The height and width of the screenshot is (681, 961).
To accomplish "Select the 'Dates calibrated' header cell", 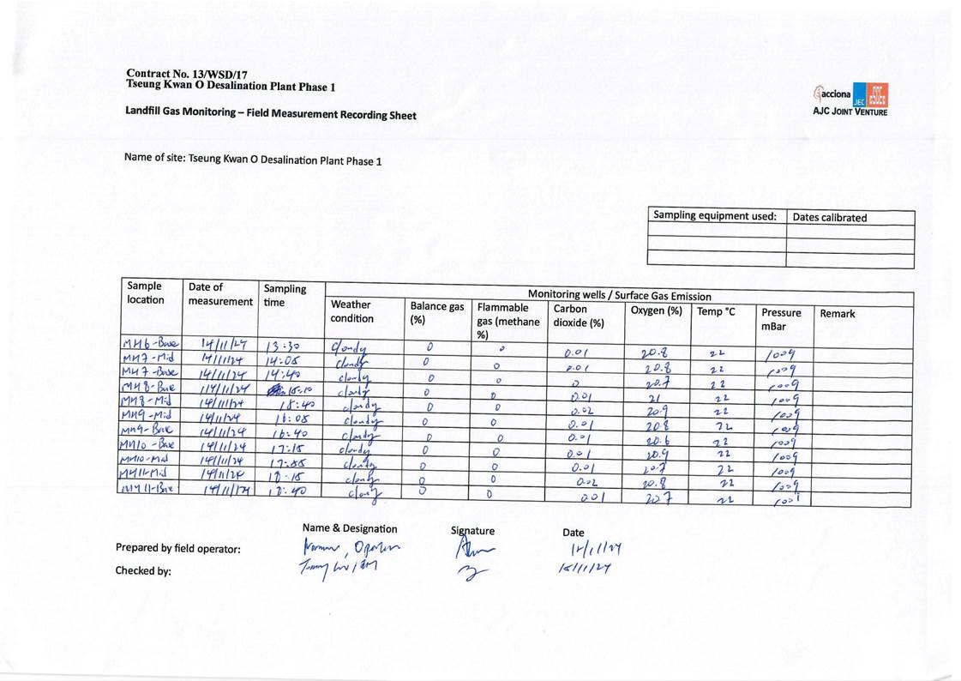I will pos(829,218).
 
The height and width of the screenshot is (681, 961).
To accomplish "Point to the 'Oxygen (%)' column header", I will pos(656,310).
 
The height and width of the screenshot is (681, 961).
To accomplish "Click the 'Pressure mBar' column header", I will pos(781,319).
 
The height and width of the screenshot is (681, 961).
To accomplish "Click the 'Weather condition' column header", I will pos(352,310).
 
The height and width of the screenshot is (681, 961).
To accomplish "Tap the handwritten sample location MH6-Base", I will pos(151,344).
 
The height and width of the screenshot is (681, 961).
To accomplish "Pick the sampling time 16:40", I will pos(285,433).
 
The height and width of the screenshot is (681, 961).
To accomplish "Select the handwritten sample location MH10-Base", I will pos(151,445).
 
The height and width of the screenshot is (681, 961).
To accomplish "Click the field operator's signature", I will pos(473,550).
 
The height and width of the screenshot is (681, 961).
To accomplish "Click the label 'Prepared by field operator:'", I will pos(177,549).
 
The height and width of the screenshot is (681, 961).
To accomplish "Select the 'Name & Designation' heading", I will pos(350,528).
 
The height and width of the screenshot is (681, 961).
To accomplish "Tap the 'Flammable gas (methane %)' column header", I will pos(508,320).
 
